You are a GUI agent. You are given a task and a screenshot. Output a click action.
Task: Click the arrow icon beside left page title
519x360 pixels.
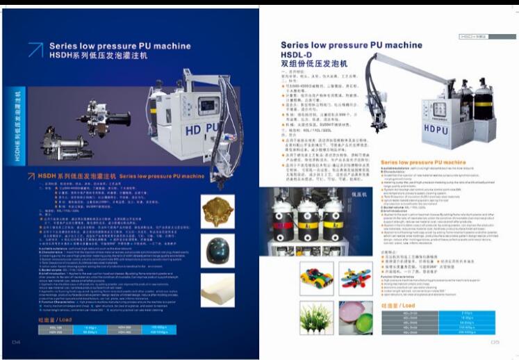click(34, 49)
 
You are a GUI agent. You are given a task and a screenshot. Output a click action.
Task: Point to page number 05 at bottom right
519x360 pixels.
click(495, 341)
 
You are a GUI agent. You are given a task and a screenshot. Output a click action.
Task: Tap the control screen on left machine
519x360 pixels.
click(208, 108)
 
